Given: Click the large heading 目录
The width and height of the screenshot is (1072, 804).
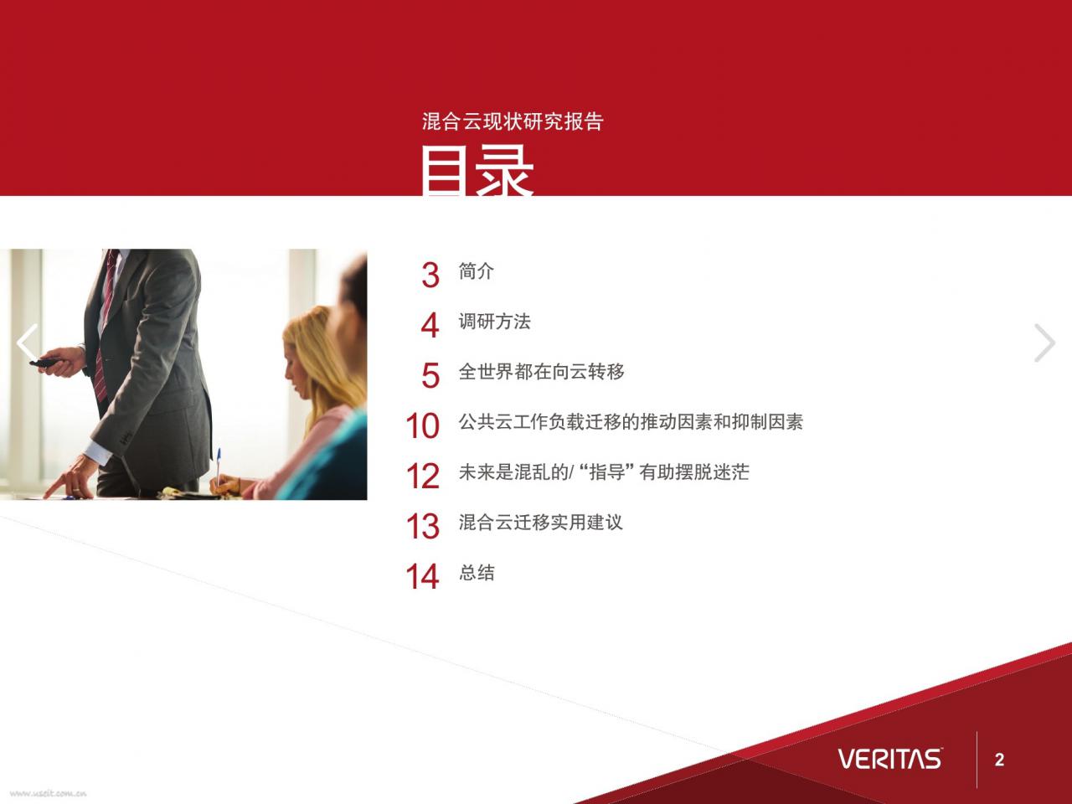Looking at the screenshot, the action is [x=477, y=171].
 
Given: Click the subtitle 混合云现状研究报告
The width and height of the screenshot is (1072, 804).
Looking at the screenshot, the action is [x=513, y=121].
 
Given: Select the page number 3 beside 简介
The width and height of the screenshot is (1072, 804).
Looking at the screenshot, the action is [x=430, y=275].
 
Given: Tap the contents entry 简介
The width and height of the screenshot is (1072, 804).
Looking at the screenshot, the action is [x=477, y=271].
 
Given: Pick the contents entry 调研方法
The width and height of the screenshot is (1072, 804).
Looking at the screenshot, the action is [x=494, y=322].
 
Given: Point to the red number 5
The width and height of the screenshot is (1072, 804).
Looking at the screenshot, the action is [x=430, y=375].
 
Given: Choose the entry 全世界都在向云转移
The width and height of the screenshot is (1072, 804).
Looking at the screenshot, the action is [x=541, y=372].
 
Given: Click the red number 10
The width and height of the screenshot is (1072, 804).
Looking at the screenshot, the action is [x=423, y=425].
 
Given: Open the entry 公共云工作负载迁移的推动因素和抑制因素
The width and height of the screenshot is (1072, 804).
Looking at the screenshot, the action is [x=631, y=422].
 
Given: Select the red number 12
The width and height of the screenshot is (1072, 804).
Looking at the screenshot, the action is [x=423, y=476].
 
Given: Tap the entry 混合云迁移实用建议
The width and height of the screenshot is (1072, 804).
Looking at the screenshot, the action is [x=541, y=523].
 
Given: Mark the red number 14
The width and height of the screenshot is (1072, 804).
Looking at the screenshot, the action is [x=423, y=576].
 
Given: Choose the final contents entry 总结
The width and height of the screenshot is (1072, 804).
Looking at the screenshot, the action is [x=477, y=573].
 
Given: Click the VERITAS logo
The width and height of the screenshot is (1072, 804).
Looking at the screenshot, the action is [x=890, y=759].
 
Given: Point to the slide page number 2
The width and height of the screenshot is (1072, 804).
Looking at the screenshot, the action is [x=999, y=760].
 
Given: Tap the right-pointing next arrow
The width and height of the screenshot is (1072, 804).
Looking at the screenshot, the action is [x=1045, y=343].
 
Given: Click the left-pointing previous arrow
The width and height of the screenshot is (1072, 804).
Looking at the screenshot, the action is [x=26, y=343].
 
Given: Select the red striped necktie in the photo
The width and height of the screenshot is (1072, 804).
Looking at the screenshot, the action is [x=105, y=327].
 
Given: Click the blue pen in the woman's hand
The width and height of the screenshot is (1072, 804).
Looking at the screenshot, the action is [x=219, y=466].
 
